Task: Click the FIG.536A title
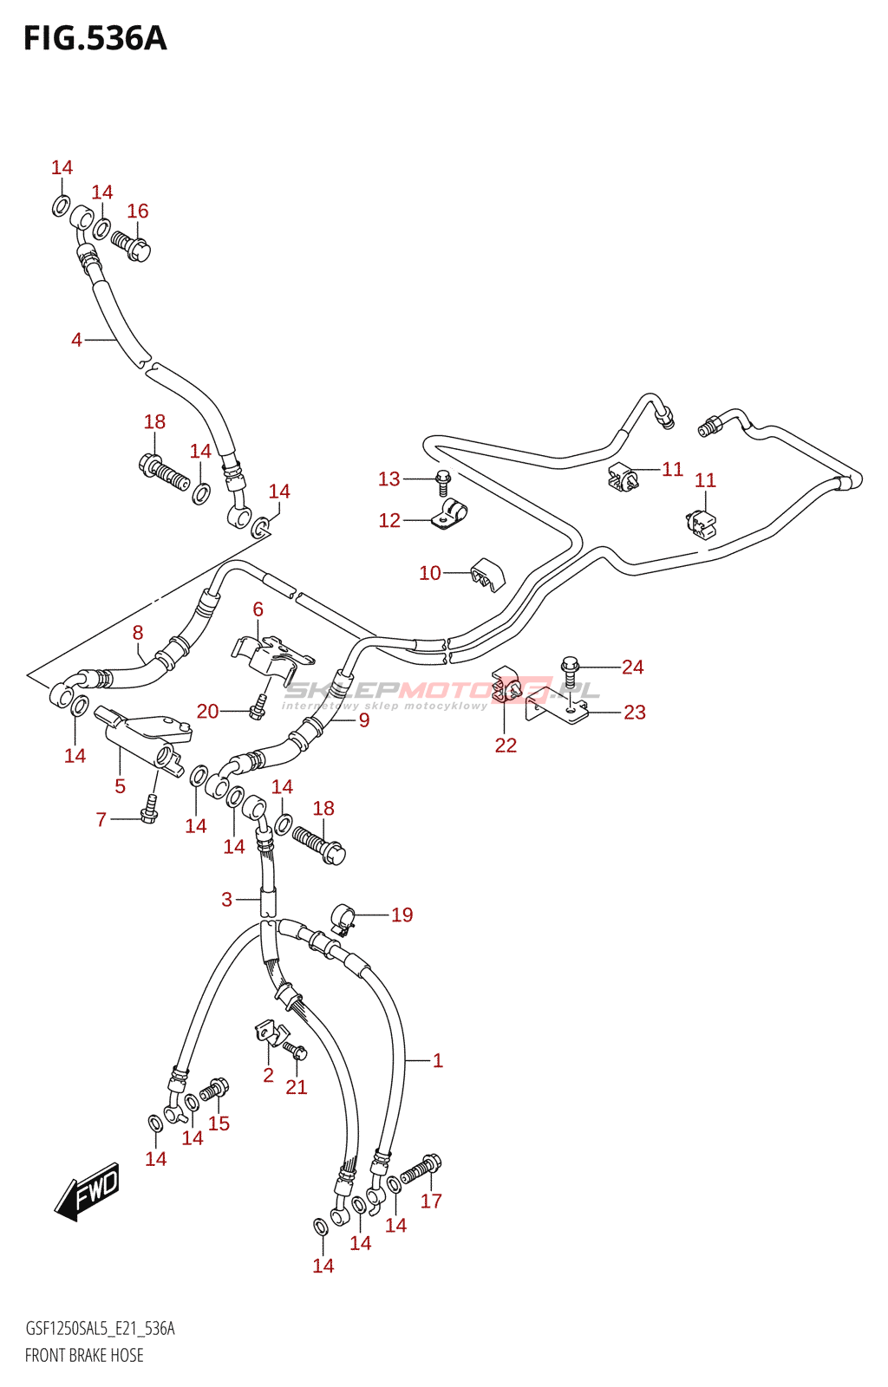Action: coord(95,39)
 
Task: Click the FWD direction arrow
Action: coord(88,1191)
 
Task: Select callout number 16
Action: coord(137,212)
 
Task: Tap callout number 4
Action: coord(76,340)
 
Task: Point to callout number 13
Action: coord(388,479)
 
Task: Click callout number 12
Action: coord(389,520)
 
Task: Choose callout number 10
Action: coord(430,573)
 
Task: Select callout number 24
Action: coord(632,667)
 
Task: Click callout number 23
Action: coord(635,713)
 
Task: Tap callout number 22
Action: coord(506,746)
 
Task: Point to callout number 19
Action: coord(402,915)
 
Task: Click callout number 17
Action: coord(431,1201)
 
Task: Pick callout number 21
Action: coord(297,1087)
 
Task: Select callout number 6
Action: coord(258,609)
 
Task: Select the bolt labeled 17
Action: coord(420,1170)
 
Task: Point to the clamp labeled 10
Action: coord(487,574)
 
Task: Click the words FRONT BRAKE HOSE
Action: coord(84,1355)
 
